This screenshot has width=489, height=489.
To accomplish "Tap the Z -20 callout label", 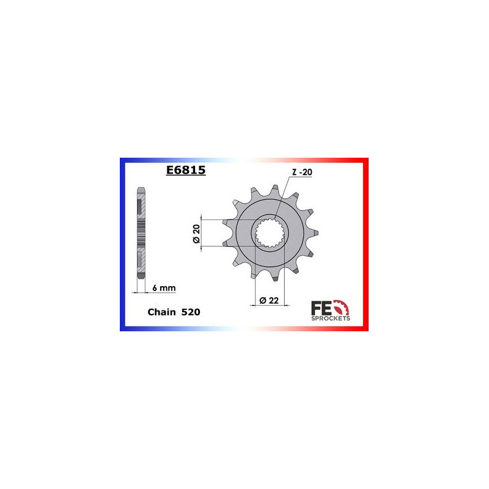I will (x=301, y=173).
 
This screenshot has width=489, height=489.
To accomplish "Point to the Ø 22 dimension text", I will (x=269, y=300).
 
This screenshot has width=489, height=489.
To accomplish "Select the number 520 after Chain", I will (x=189, y=312).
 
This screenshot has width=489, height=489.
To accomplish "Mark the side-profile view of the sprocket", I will (x=141, y=232).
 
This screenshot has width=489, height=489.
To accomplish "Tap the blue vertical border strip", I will (x=122, y=244).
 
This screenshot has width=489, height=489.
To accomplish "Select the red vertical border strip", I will (x=367, y=244).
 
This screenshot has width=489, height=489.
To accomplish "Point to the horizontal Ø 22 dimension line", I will (x=269, y=306).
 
